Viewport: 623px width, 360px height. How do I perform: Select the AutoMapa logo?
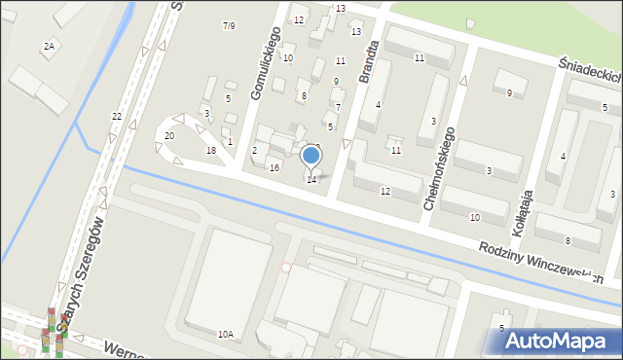pyautogui.click(x=560, y=341)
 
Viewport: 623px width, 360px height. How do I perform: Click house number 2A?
pyautogui.click(x=49, y=46)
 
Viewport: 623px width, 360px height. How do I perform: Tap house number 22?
pyautogui.click(x=117, y=117)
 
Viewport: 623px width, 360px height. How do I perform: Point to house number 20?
pyautogui.click(x=169, y=136)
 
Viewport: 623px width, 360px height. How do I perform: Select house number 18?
pyautogui.click(x=211, y=151)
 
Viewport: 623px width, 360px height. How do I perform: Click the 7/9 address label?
pyautogui.click(x=229, y=25)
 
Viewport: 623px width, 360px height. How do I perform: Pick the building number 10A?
pyautogui.click(x=226, y=334)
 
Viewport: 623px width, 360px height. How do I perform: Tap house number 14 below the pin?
pyautogui.click(x=311, y=180)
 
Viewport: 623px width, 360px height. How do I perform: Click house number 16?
pyautogui.click(x=275, y=168)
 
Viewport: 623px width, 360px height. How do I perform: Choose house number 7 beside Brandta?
pyautogui.click(x=338, y=106)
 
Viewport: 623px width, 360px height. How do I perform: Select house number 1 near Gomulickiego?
pyautogui.click(x=230, y=142)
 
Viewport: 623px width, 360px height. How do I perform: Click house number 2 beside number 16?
pyautogui.click(x=254, y=150)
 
